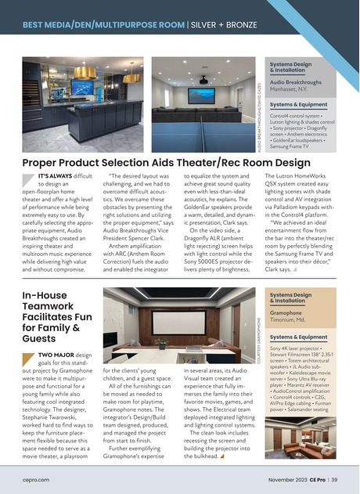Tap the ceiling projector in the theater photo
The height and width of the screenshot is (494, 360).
203,79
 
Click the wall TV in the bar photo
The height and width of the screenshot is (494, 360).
81,86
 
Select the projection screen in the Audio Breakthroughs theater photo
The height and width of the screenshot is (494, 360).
201,96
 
